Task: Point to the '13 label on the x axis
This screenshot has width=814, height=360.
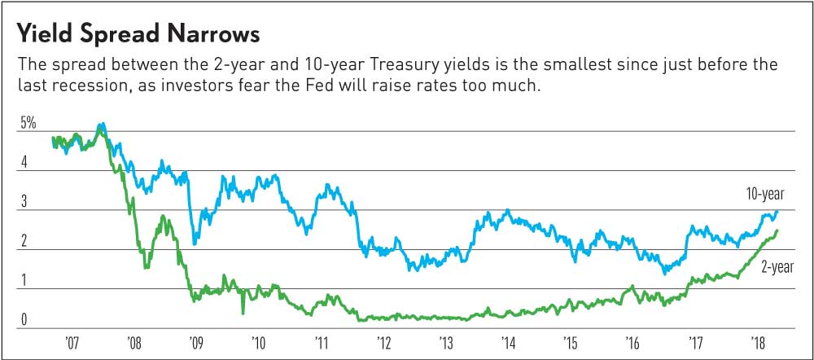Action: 445,341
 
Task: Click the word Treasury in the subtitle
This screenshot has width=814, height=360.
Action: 412,64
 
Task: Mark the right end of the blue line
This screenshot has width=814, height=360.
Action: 777,212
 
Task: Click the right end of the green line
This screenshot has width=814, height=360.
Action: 777,230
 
